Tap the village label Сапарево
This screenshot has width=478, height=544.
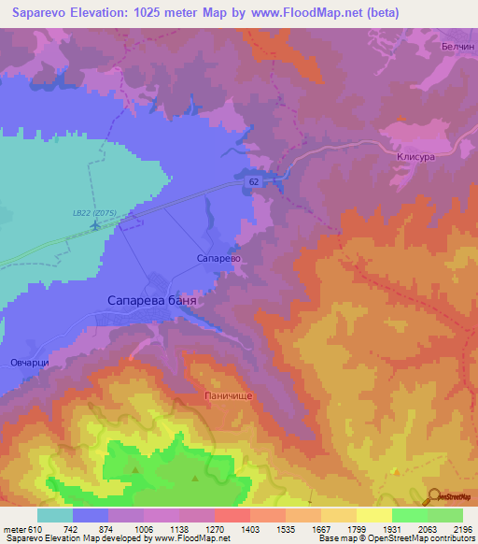click(x=219, y=257)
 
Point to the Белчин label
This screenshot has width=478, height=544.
click(x=458, y=45)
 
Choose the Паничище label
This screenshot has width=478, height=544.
click(x=228, y=395)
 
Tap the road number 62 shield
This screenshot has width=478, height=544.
click(x=255, y=183)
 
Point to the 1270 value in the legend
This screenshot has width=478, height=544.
click(x=214, y=529)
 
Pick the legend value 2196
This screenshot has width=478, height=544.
click(x=462, y=529)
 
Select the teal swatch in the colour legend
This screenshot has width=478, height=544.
click(x=54, y=515)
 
